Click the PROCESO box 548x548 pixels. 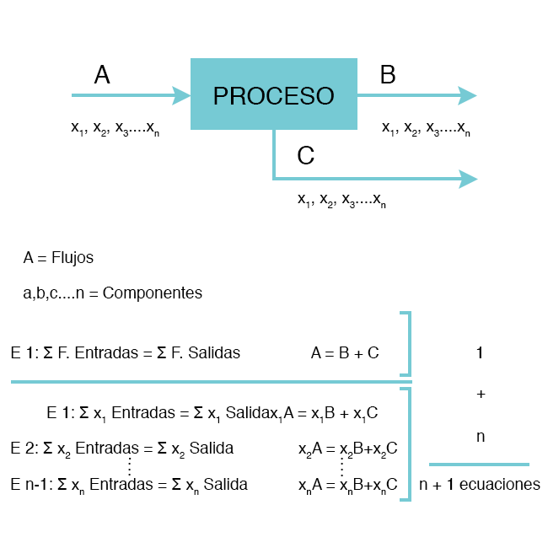pyautogui.click(x=274, y=94)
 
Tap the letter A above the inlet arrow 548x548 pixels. pyautogui.click(x=102, y=75)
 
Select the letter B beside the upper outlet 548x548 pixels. pyautogui.click(x=388, y=75)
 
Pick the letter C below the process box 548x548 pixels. pyautogui.click(x=306, y=156)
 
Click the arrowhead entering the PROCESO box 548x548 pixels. pyautogui.click(x=181, y=94)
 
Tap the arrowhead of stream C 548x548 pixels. pyautogui.click(x=468, y=179)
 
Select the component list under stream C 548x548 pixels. pyautogui.click(x=342, y=200)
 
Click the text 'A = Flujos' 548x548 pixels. pyautogui.click(x=58, y=258)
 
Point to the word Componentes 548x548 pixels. pyautogui.click(x=153, y=293)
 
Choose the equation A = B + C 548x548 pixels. pyautogui.click(x=345, y=353)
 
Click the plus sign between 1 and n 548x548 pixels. pyautogui.click(x=481, y=394)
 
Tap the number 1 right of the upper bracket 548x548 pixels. pyautogui.click(x=480, y=353)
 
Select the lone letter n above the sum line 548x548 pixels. pyautogui.click(x=480, y=437)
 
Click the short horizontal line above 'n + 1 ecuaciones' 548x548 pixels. pyautogui.click(x=479, y=465)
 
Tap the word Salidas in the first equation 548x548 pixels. pyautogui.click(x=215, y=353)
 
